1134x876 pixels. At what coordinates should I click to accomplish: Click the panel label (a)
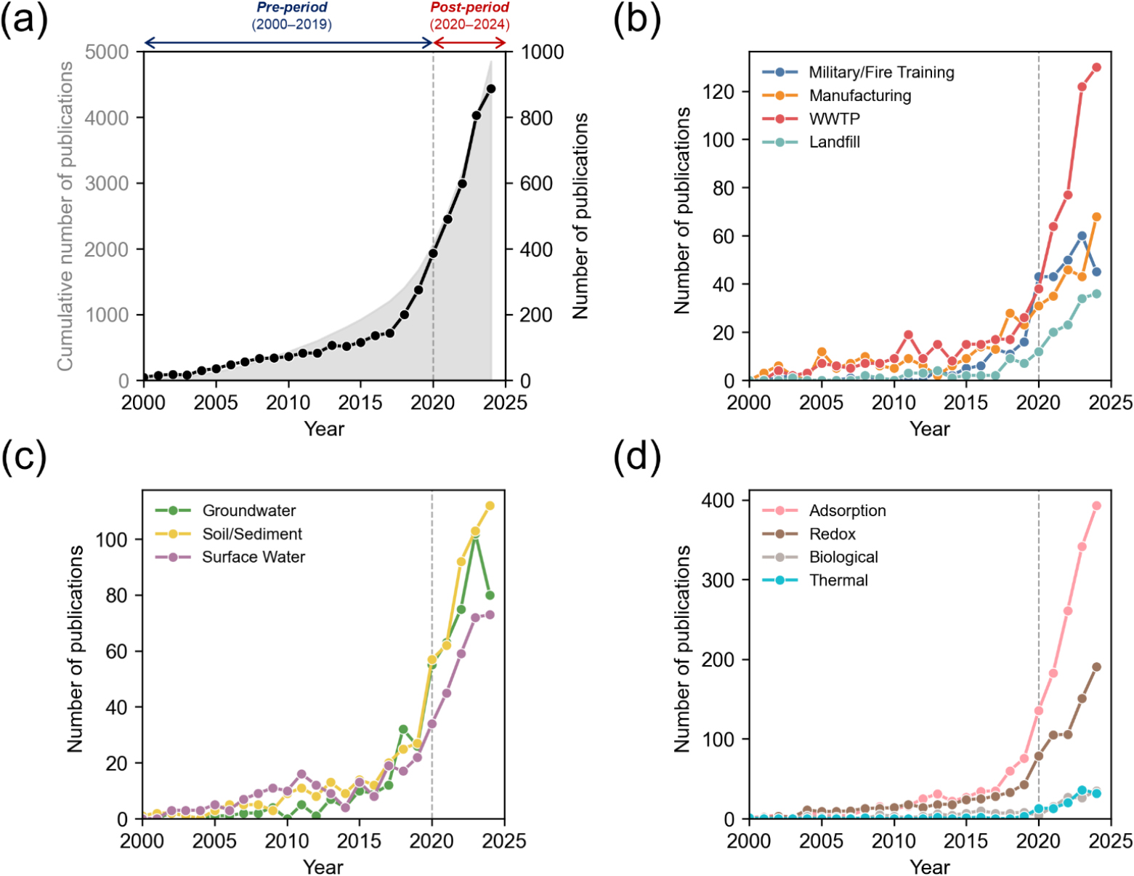[x=25, y=20]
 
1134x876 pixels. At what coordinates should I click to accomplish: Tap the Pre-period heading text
[x=292, y=8]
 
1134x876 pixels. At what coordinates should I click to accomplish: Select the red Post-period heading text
[x=469, y=8]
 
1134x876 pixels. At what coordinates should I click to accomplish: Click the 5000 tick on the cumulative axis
[x=106, y=52]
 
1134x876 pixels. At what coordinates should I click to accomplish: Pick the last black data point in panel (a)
[x=491, y=89]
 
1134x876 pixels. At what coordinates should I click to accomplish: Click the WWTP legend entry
[x=834, y=118]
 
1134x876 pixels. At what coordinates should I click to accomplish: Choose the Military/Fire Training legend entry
[x=881, y=72]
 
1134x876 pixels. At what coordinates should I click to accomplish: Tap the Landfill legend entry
[x=834, y=142]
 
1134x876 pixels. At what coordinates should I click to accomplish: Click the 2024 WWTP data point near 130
[x=1096, y=68]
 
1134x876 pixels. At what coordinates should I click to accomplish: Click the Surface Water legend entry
[x=253, y=557]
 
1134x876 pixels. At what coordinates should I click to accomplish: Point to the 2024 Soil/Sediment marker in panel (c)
[x=490, y=506]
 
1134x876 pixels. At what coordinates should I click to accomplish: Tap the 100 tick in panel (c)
[x=110, y=539]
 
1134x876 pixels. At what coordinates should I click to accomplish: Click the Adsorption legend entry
[x=847, y=510]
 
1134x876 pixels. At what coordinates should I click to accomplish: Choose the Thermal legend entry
[x=838, y=580]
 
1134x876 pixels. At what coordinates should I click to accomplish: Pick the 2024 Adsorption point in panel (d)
[x=1096, y=506]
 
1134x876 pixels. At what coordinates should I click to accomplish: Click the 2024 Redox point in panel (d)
[x=1096, y=667]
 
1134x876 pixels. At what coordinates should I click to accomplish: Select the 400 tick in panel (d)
[x=718, y=500]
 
